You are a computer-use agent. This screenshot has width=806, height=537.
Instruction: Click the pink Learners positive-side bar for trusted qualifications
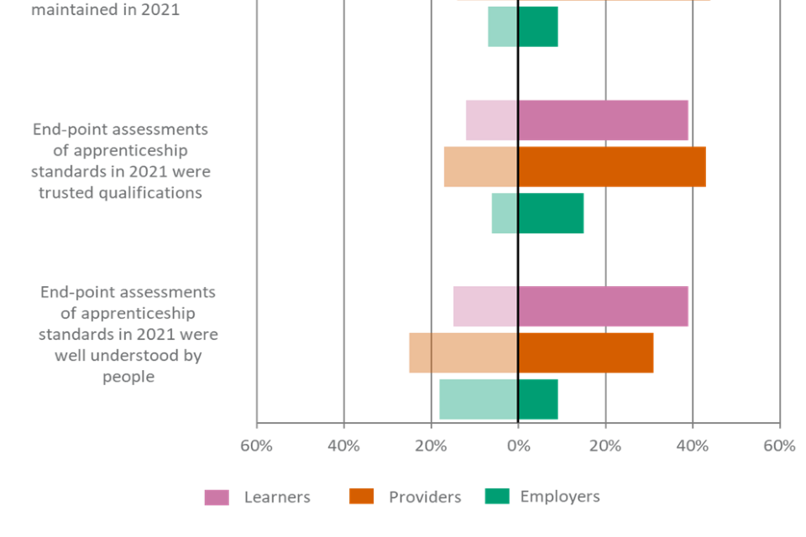(604, 121)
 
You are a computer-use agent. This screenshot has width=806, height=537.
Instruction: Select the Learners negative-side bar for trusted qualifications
(491, 121)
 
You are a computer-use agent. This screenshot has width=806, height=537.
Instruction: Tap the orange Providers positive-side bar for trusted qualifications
(612, 167)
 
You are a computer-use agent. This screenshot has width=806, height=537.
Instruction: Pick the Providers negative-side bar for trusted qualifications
(480, 167)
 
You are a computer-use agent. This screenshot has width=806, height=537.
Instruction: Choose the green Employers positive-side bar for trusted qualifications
(551, 213)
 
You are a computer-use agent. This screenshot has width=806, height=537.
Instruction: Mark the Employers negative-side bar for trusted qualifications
(504, 213)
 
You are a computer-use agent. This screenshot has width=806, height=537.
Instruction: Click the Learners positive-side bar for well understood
(604, 306)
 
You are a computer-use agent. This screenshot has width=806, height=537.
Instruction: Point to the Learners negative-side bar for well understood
(484, 306)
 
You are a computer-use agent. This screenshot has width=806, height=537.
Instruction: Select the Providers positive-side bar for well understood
(586, 352)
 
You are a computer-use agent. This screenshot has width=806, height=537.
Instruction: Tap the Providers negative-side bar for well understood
(463, 352)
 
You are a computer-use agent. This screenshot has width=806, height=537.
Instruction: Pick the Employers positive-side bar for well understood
(538, 399)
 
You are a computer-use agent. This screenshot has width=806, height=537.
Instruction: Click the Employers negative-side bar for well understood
(478, 399)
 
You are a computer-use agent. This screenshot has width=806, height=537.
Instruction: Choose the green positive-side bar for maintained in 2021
(538, 26)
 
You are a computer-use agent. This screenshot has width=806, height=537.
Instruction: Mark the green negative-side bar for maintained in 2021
(502, 26)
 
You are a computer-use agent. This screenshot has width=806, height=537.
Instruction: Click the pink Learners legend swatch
(216, 498)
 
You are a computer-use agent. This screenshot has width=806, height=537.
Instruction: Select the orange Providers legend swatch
(361, 498)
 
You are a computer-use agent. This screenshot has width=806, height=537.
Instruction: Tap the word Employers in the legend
(559, 497)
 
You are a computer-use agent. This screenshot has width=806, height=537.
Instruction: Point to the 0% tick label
(518, 446)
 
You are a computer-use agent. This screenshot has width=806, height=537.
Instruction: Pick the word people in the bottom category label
(128, 377)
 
